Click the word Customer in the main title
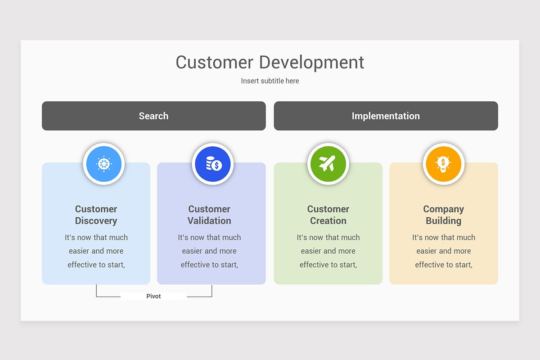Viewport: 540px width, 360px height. [x=214, y=62]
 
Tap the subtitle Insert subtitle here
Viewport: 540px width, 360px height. [x=270, y=81]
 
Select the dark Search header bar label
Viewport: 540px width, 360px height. [x=153, y=116]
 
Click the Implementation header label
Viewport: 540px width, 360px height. [x=386, y=116]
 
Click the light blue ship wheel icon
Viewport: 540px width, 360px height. [x=103, y=164]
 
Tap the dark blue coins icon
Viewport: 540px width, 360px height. [x=213, y=164]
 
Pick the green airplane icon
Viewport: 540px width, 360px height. [x=328, y=164]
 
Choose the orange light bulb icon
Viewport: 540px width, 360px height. [x=444, y=164]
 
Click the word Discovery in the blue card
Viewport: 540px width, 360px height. [x=96, y=221]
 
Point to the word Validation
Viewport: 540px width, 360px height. [x=209, y=221]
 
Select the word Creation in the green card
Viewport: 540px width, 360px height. [x=328, y=221]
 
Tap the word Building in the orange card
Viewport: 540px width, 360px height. [x=443, y=221]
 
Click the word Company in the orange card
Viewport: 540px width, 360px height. [x=443, y=209]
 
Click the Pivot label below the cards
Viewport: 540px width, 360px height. [x=153, y=296]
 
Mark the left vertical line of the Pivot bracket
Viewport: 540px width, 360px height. [x=96, y=291]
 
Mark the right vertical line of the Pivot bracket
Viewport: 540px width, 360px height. [x=211, y=291]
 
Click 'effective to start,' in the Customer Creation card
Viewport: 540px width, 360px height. [x=328, y=265]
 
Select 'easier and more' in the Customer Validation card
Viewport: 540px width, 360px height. [x=209, y=251]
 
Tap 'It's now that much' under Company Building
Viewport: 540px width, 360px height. [x=443, y=237]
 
